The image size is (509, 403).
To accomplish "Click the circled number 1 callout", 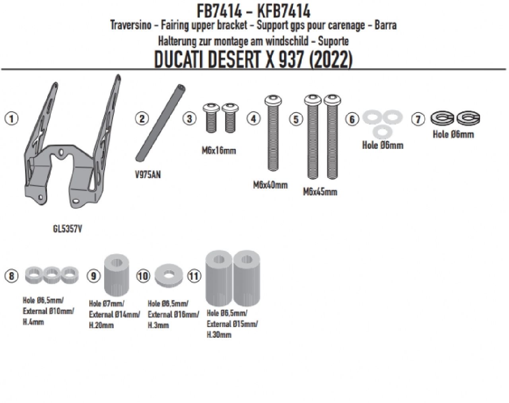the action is (x=12, y=118).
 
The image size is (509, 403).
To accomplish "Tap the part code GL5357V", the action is (x=68, y=229).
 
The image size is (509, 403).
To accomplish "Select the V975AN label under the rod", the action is (x=148, y=175).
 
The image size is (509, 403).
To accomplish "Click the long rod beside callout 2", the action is (x=161, y=123).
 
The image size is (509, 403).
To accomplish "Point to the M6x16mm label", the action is (x=219, y=150).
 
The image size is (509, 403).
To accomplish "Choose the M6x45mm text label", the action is (x=320, y=192).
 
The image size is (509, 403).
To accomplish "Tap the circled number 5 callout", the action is (x=296, y=119).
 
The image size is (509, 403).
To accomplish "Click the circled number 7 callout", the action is (x=418, y=119).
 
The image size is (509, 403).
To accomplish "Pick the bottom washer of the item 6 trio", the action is (x=383, y=132).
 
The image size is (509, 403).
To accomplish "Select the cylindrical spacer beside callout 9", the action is (x=117, y=274).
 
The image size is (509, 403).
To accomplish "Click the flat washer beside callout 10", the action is (x=169, y=275).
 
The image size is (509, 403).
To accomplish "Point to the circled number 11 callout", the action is (x=194, y=276).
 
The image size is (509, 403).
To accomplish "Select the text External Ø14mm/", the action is (x=115, y=314).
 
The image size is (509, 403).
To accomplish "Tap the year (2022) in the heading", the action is (x=331, y=60).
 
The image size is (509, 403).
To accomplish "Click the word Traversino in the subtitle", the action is (x=130, y=25).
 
